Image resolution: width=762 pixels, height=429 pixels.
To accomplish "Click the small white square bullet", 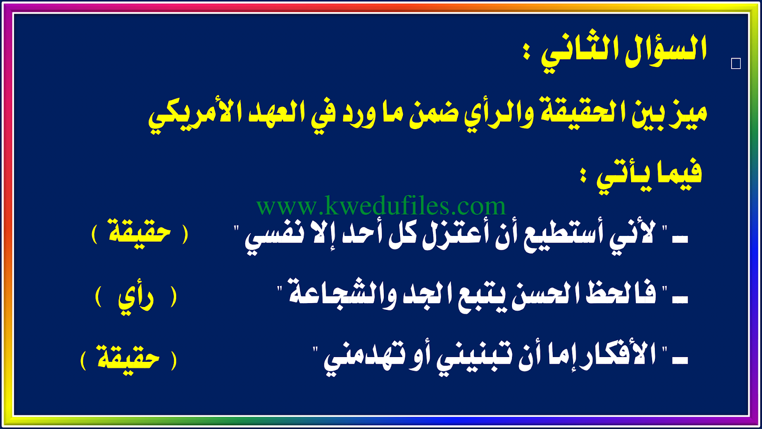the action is coord(736,64).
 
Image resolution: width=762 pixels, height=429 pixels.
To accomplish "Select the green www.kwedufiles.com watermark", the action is coord(381,205).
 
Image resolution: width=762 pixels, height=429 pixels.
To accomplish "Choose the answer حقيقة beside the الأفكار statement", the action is coord(128,357).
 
